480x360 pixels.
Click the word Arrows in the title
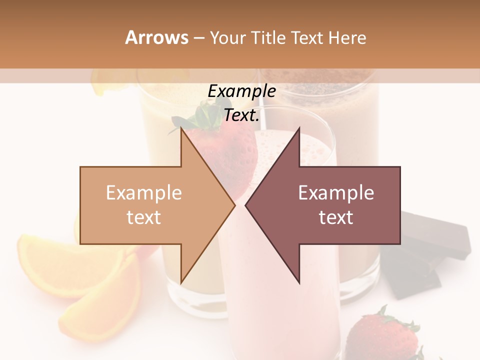156,37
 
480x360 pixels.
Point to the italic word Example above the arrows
241,91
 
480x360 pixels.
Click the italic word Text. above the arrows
241,115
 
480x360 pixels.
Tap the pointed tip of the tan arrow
233,205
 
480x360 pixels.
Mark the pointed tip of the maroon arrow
247,205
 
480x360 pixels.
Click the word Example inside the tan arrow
144,193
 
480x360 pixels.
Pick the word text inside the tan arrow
144,217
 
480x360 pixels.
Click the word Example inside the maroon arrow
336,193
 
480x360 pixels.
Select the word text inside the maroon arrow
336,217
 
